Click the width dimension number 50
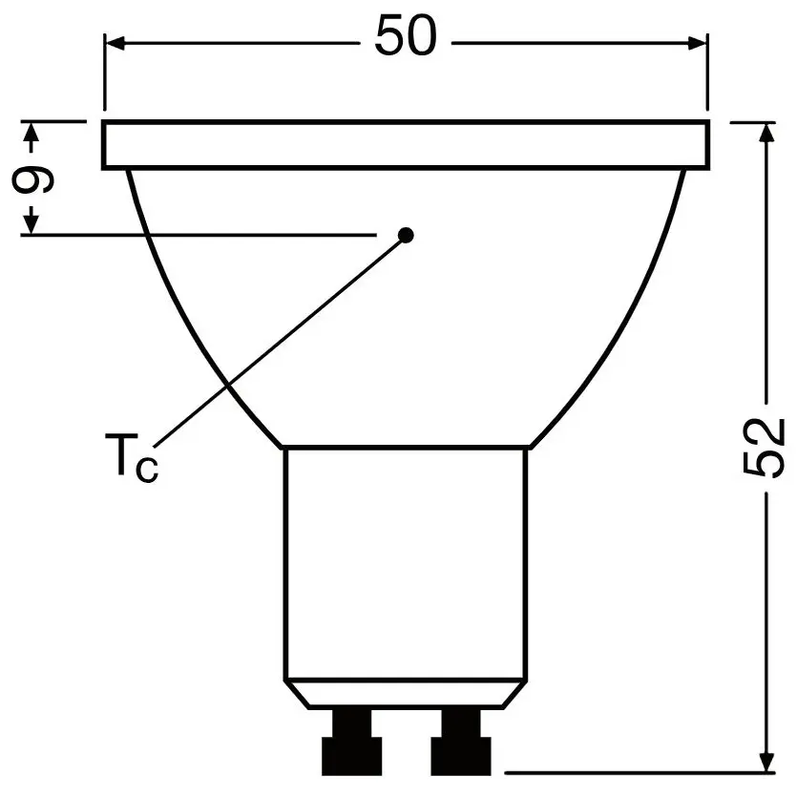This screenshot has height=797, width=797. [405, 38]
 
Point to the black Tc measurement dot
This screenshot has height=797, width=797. [406, 235]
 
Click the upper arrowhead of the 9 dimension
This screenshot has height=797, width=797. [32, 133]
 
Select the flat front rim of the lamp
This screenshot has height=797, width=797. [406, 145]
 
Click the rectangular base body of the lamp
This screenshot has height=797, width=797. [406, 563]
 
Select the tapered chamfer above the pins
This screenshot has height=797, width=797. [406, 694]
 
